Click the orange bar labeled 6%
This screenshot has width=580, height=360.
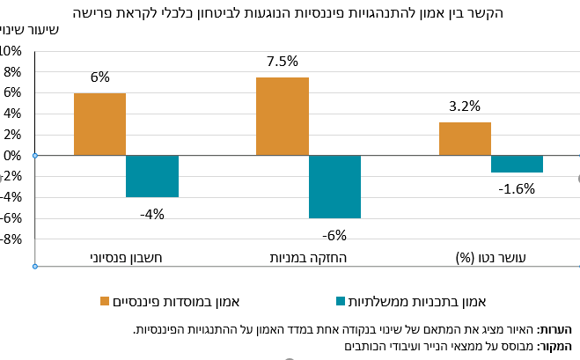click(x=99, y=124)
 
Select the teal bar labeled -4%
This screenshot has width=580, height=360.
click(x=152, y=176)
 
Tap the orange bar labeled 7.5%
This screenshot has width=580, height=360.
click(x=283, y=116)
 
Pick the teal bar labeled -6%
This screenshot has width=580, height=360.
click(x=334, y=187)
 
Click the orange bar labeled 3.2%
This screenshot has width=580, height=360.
click(x=465, y=139)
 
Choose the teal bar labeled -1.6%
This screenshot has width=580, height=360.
click(x=518, y=164)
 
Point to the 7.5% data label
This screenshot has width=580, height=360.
click(x=283, y=61)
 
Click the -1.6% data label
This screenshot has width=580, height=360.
click(x=517, y=188)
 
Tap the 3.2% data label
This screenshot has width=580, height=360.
click(x=465, y=107)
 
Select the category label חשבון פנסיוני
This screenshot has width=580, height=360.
click(x=126, y=258)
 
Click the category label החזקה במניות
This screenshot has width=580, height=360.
click(x=309, y=258)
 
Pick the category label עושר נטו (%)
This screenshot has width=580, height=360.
click(x=490, y=258)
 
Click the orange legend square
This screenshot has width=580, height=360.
click(x=105, y=301)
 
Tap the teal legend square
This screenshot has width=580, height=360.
click(x=341, y=301)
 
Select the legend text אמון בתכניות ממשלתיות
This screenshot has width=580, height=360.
click(x=417, y=302)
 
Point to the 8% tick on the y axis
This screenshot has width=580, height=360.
click(x=12, y=72)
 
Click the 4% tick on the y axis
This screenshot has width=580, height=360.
click(x=12, y=114)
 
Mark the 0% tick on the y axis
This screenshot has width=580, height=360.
click(x=12, y=156)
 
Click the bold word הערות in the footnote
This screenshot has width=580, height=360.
click(x=554, y=329)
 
